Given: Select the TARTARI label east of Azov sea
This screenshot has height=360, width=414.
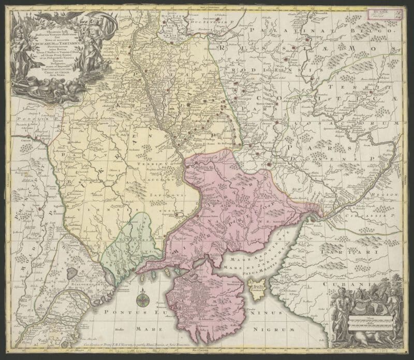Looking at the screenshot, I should (363, 252).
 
